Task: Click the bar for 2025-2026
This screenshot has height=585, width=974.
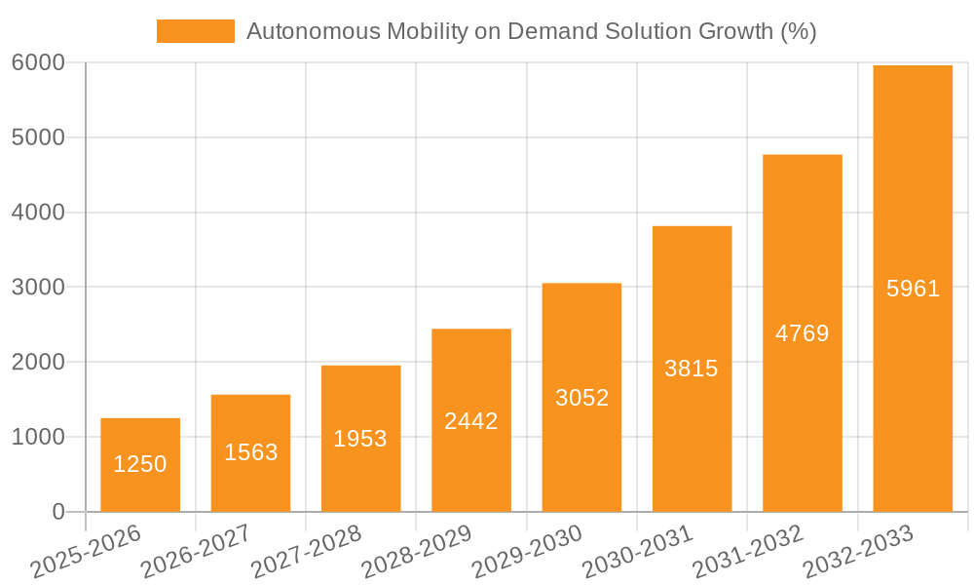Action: point(140,465)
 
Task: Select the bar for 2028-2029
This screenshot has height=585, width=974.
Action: point(471,420)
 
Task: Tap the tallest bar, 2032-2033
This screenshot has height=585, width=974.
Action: point(913,289)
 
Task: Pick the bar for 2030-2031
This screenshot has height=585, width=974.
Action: point(692,369)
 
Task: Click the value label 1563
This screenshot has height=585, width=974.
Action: point(251,452)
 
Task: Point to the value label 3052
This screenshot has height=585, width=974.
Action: point(581,398)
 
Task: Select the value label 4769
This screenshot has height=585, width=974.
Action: point(802,333)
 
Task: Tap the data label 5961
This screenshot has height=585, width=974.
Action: point(913,289)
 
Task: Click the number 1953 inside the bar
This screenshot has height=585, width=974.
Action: point(360,439)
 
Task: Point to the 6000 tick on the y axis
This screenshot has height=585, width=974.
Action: point(38,63)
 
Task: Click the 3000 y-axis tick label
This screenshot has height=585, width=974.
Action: point(38,288)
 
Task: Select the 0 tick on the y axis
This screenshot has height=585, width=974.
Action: point(57,512)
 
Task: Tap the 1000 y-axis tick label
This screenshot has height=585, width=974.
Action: point(38,437)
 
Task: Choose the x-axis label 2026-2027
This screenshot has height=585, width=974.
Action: point(196,551)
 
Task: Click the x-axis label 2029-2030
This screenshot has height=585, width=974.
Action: point(527,551)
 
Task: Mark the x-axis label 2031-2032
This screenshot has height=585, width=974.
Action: point(748,551)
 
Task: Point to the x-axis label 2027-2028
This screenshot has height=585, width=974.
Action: point(306,551)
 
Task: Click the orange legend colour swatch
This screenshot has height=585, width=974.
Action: point(196,31)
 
